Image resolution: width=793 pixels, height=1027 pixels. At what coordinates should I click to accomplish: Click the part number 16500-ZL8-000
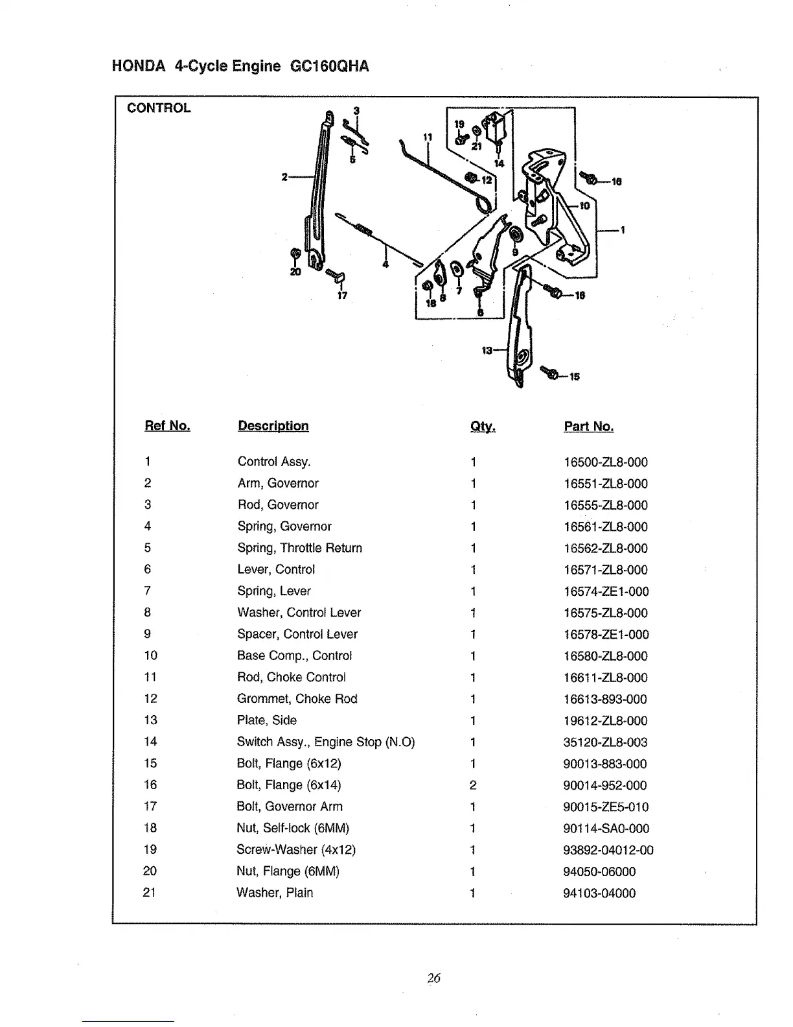click(606, 462)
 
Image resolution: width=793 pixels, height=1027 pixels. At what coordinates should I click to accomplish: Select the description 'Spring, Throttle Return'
click(299, 548)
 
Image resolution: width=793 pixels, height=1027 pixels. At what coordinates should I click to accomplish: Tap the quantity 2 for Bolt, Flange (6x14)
click(473, 785)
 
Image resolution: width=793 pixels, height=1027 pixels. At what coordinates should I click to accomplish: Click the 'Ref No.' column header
click(167, 426)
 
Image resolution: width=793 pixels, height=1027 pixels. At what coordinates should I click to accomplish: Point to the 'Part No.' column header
click(588, 427)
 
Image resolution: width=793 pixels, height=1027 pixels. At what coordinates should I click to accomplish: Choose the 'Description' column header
click(273, 426)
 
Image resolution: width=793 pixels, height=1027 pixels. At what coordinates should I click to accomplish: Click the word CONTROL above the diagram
click(159, 108)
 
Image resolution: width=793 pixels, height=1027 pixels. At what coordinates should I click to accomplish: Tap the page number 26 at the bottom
click(434, 978)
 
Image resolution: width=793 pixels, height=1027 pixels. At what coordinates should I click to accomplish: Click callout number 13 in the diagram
click(487, 351)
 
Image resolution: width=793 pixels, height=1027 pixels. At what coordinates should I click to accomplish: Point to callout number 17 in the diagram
click(342, 296)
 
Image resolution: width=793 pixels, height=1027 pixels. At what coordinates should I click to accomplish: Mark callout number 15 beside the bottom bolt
click(575, 376)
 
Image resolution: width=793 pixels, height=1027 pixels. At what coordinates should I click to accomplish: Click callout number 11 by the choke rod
click(427, 137)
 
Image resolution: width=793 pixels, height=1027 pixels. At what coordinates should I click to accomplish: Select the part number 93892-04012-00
click(608, 850)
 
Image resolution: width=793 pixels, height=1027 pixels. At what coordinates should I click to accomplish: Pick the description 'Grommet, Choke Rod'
click(297, 699)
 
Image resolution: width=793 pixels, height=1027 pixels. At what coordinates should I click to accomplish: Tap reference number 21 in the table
click(150, 892)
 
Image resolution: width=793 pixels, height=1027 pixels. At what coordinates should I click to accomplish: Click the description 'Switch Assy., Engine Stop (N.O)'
click(325, 742)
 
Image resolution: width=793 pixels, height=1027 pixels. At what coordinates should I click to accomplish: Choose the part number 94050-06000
click(599, 871)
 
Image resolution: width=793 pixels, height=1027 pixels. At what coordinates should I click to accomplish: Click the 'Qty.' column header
click(483, 427)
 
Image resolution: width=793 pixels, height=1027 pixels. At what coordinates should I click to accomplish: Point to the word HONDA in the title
click(137, 66)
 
